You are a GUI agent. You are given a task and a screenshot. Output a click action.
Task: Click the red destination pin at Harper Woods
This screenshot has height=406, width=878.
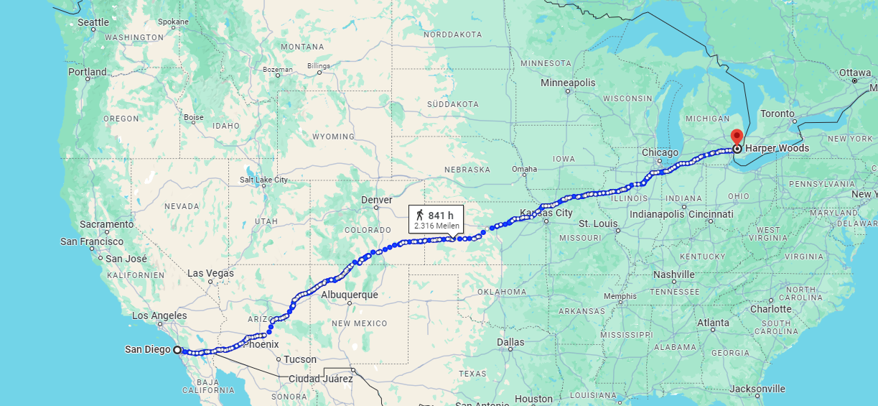coord(737,137)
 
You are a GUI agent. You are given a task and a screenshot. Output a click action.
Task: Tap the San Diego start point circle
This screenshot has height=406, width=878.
coord(177,350)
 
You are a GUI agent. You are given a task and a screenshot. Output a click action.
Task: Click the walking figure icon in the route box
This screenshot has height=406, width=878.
coord(419,215)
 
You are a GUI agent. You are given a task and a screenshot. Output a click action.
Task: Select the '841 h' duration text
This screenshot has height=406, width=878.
coord(441,216)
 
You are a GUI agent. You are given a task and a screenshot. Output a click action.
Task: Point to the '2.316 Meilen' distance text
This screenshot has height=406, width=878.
coord(436,226)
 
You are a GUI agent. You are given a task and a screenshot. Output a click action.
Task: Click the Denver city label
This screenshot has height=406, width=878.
coord(377,200)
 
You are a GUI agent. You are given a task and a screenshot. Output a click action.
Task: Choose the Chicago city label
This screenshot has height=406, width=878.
coord(660,152)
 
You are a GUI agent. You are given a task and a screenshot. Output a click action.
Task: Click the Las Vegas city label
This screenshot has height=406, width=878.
coord(210,273)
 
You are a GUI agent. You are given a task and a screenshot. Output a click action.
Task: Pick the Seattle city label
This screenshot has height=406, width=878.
coord(93,23)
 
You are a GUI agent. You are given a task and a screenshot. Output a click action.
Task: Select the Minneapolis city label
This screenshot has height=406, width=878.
coord(568,83)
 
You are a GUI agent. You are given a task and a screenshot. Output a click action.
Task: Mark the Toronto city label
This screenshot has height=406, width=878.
coord(777,114)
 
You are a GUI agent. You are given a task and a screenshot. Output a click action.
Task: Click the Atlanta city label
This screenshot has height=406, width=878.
coord(713,323)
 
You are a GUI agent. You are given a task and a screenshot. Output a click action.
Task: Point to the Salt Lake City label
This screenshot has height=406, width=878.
coord(263,180)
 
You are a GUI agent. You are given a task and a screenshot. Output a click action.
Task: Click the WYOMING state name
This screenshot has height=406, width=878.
coord(333,137)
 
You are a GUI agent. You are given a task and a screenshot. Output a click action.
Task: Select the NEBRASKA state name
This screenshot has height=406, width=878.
coord(467,170)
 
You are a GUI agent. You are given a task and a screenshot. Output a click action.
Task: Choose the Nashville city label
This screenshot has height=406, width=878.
coord(674,274)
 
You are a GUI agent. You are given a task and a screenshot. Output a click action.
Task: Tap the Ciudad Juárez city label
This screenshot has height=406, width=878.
coord(320,379)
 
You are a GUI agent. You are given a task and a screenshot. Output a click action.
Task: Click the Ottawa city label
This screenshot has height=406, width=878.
coord(854,73)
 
